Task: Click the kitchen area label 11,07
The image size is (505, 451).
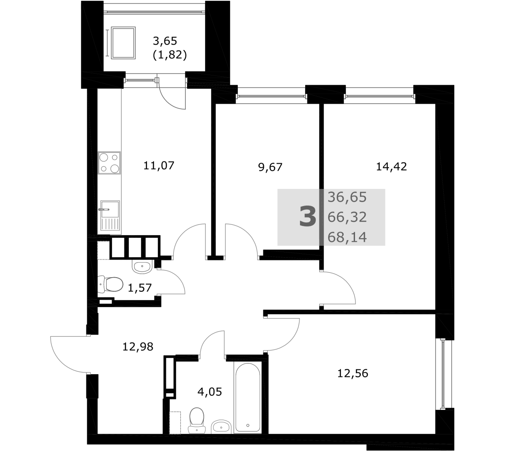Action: point(159,166)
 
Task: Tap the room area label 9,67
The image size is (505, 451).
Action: point(270,167)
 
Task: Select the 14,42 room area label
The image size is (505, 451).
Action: point(392,166)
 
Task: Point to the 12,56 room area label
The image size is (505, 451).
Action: point(353,373)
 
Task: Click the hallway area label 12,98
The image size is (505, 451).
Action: point(138,346)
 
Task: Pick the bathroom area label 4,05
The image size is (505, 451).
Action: point(209,392)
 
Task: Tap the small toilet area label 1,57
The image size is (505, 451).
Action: point(140,287)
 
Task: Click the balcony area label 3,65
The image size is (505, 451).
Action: point(165,41)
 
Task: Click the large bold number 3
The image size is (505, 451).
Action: point(307,217)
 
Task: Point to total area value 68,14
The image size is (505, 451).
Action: point(347,237)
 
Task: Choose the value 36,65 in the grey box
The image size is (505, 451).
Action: point(347,197)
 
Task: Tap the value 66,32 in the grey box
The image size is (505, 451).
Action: point(347,217)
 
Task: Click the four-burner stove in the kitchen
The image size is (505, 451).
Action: point(109,163)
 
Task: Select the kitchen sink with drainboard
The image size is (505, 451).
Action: point(110,215)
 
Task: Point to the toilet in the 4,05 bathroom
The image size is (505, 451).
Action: point(196,421)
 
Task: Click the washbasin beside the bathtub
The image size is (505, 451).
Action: point(221,427)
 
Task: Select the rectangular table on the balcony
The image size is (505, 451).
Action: point(123,43)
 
